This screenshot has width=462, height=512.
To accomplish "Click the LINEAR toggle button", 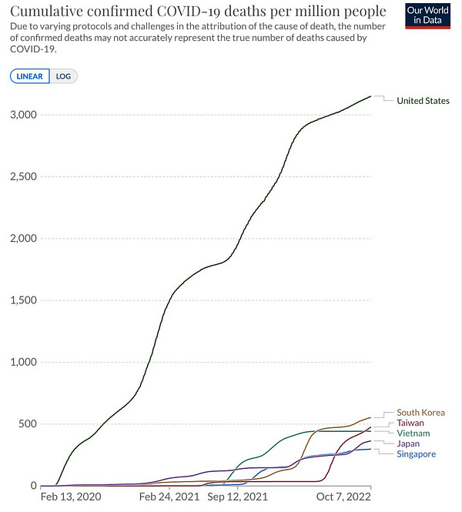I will [30, 76].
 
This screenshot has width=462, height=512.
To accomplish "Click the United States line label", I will [423, 101].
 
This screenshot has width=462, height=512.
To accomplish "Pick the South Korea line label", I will [420, 413].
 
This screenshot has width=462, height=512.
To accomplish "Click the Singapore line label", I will [416, 454].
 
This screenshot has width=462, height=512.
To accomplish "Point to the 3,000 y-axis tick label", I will [22, 115].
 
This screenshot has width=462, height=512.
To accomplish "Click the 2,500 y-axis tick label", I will [22, 176].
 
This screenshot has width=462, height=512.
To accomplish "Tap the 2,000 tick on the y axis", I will [22, 239].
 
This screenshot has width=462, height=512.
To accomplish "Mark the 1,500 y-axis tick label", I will [22, 300].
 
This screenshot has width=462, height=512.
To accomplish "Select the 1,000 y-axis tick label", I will [22, 362].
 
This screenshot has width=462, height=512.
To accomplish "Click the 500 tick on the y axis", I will [28, 424].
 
